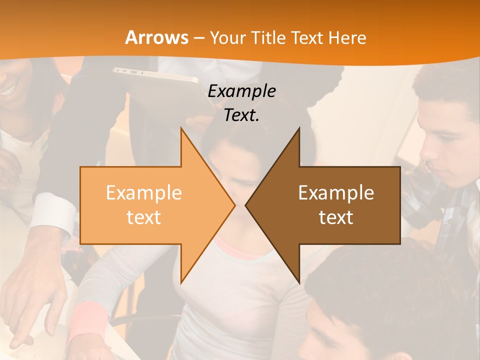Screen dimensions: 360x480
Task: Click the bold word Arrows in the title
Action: (157, 37)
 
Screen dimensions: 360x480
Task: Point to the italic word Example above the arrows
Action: (241, 91)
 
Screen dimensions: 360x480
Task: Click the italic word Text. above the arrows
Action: (241, 115)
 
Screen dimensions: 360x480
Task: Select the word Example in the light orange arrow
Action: (144, 192)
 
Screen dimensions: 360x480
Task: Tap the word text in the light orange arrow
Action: (144, 217)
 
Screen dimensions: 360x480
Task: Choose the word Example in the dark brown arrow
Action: (336, 192)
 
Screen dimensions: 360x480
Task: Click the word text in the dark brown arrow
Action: (336, 217)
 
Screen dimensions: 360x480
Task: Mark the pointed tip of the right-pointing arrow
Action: (234, 205)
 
